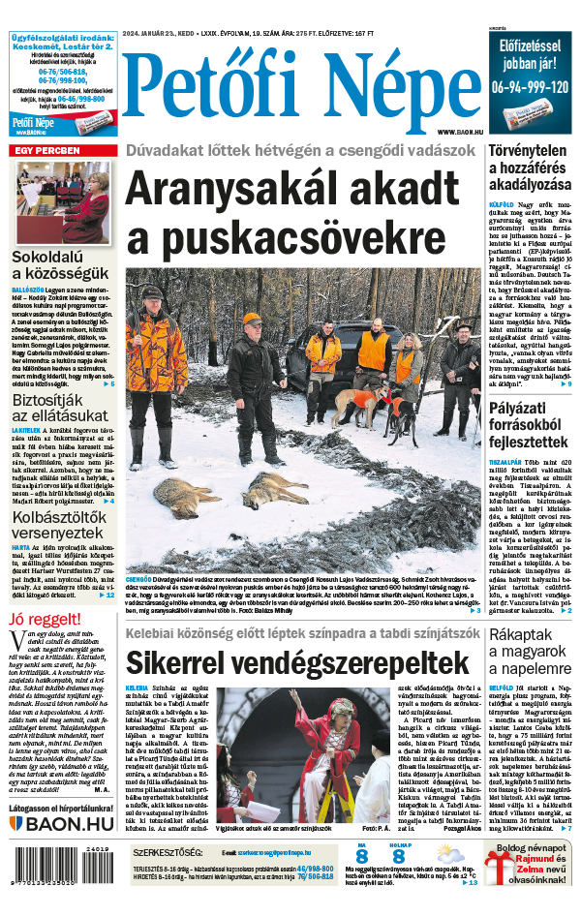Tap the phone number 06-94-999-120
[529, 86]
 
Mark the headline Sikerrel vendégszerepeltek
[291, 664]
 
